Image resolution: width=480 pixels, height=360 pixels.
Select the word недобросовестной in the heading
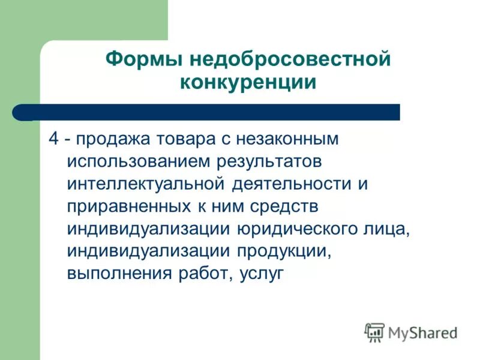290,60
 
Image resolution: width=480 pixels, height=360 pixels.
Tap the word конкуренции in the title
248,82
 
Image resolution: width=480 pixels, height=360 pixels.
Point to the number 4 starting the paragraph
53,138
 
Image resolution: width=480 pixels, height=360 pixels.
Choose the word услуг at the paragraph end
261,274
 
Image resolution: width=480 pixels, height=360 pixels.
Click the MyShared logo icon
374,332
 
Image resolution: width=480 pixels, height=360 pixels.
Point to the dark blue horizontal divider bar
216,112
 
